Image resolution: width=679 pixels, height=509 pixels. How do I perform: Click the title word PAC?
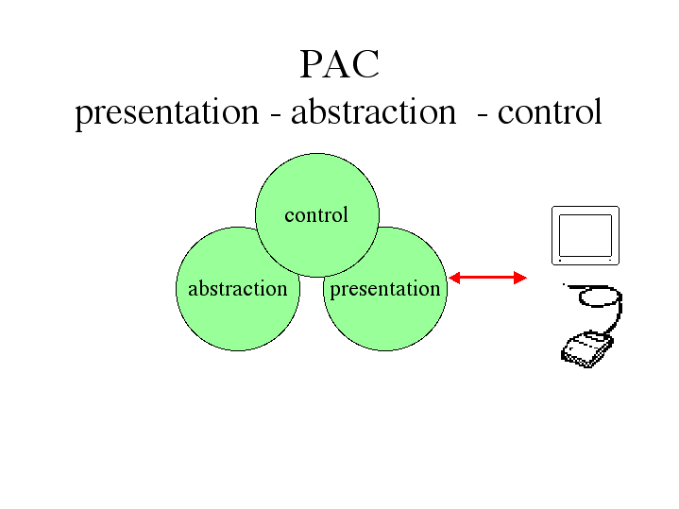point(340,64)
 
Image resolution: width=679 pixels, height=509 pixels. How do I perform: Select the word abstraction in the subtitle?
point(373,110)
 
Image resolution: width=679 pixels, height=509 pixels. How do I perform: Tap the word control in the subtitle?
point(550,110)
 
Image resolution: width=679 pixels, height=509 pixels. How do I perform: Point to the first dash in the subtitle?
point(275,115)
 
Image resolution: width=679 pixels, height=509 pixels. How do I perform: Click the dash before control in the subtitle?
point(482,115)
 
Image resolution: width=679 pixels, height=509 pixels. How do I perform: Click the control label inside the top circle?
point(316,215)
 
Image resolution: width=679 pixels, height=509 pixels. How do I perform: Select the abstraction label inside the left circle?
point(238,289)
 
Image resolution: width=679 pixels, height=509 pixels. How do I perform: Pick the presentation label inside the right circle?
point(385,290)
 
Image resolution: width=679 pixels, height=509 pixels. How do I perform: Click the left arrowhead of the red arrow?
point(454,279)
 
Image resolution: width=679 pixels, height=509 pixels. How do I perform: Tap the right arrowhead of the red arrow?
point(520,279)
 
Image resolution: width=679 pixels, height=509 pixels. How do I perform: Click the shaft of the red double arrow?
point(487,279)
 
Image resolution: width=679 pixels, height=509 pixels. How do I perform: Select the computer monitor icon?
point(586,235)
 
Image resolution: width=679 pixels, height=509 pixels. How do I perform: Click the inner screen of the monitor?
point(586,236)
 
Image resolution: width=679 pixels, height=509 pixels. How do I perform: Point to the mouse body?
point(586,349)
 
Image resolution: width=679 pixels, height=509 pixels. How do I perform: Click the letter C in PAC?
point(366,64)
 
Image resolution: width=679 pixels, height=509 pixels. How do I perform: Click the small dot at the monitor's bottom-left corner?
point(560,261)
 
